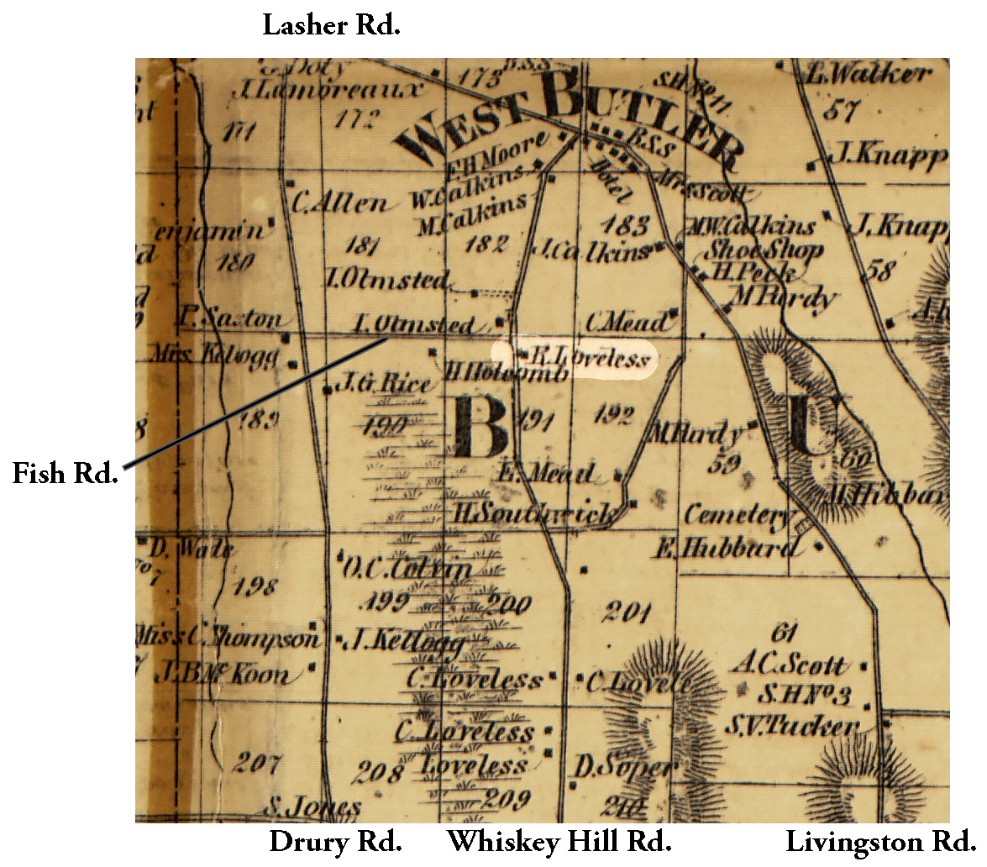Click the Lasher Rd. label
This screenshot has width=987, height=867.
point(332,24)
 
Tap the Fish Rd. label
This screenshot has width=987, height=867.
point(63,473)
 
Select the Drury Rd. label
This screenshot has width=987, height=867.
point(335,841)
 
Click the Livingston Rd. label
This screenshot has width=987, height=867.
point(880,841)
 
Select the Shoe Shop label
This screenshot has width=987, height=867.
point(763,250)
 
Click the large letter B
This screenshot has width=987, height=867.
point(480,427)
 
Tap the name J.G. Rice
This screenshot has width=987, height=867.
point(383,385)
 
